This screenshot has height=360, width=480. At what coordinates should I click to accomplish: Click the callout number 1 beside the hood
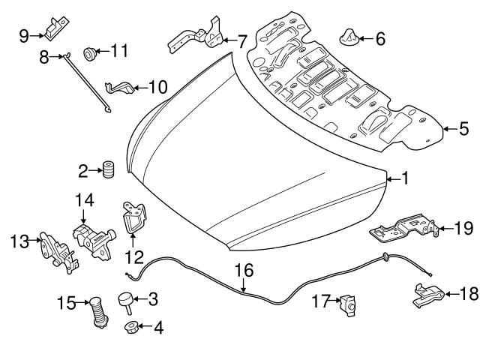coord(404,178)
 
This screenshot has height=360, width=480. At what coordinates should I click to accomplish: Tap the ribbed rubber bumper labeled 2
coord(106,171)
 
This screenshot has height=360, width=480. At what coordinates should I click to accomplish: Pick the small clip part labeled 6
coord(350,36)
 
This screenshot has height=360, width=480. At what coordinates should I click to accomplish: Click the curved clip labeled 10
coord(121,88)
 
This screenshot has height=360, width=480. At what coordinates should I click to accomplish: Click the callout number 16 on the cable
coord(244,270)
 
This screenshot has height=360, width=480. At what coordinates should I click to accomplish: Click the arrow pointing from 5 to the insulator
coord(447,128)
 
